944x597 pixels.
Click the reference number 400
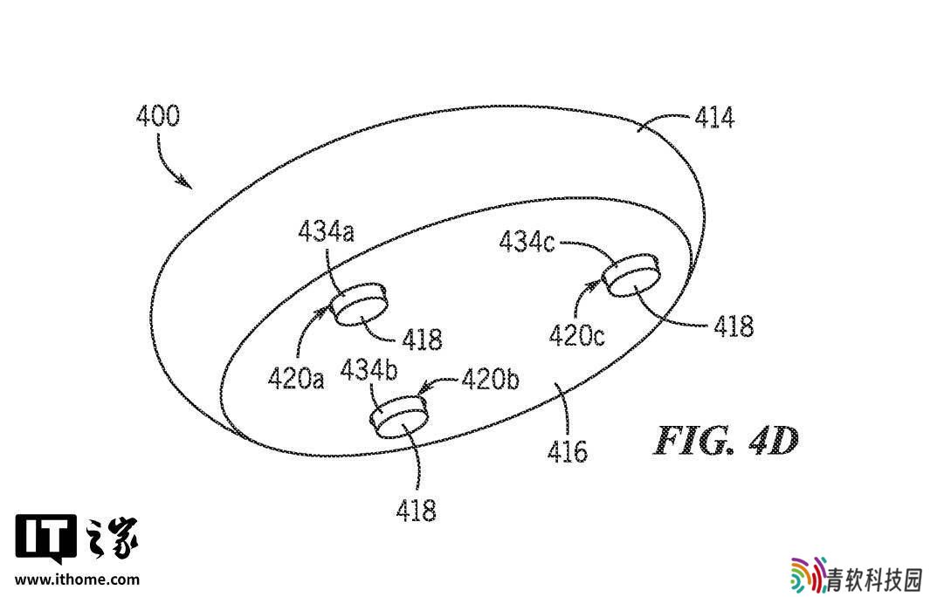158,115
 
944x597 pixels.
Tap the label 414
714,117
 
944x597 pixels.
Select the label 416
567,450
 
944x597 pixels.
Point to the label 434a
326,231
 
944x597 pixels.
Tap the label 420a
296,379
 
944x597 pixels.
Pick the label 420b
490,380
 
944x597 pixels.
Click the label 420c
576,335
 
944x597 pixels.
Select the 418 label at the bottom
416,511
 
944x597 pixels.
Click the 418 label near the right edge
734,326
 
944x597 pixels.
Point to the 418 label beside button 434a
422,340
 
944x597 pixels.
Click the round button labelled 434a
360,304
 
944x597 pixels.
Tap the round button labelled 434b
398,415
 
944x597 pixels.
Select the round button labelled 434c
631,275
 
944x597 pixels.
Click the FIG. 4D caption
726,441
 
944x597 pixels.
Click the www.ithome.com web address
77,580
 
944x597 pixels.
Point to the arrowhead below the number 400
184,182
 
